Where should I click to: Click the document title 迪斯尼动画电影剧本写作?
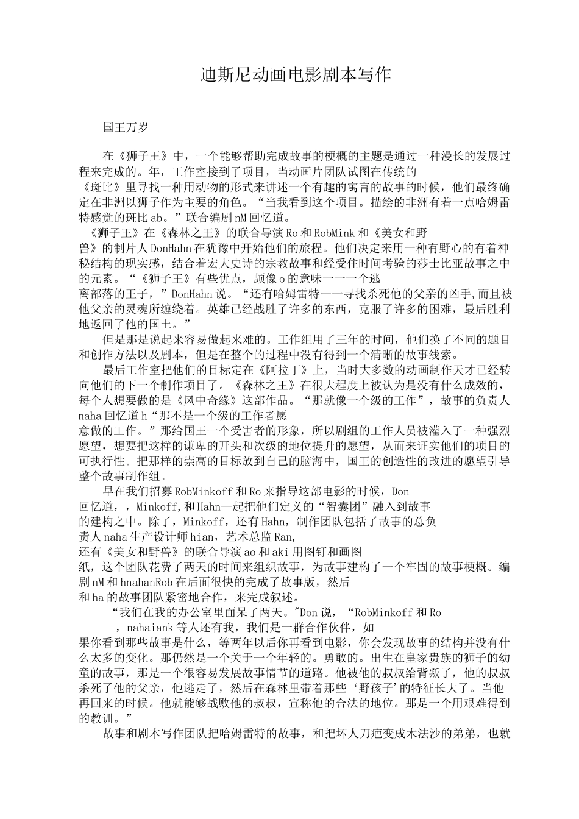tap(295, 76)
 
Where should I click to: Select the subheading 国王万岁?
tap(126, 127)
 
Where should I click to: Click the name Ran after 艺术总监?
tap(284, 537)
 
